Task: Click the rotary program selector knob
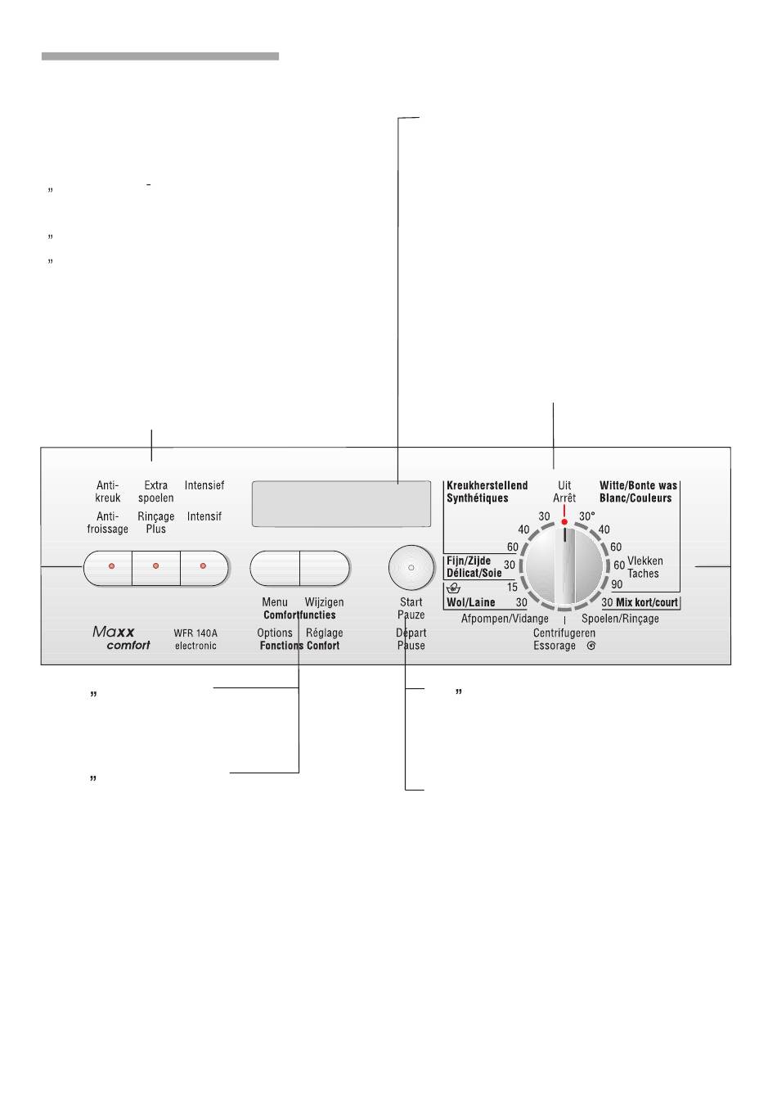pyautogui.click(x=564, y=566)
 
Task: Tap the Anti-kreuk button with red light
pyautogui.click(x=108, y=568)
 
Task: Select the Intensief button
pyautogui.click(x=204, y=568)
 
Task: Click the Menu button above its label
pyautogui.click(x=275, y=568)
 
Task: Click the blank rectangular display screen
pyautogui.click(x=341, y=504)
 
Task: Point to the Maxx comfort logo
pyautogui.click(x=121, y=637)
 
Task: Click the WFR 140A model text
pyautogui.click(x=195, y=633)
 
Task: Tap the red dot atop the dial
pyautogui.click(x=564, y=521)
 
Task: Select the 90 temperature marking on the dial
pyautogui.click(x=617, y=584)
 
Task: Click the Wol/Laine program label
pyautogui.click(x=470, y=602)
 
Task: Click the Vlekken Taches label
pyautogui.click(x=645, y=566)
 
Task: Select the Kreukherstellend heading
pyautogui.click(x=487, y=485)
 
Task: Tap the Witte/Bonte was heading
pyautogui.click(x=638, y=485)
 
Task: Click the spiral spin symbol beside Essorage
pyautogui.click(x=591, y=646)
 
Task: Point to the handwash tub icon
pyautogui.click(x=453, y=588)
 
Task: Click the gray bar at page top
pyautogui.click(x=160, y=56)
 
